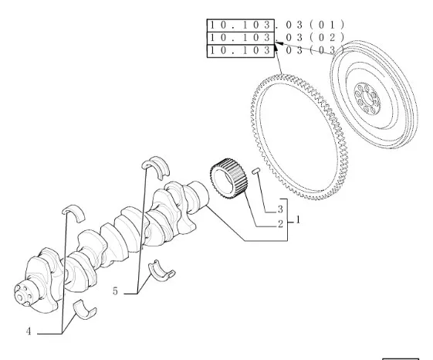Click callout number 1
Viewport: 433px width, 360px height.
[298, 220]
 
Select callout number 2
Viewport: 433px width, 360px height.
[281, 224]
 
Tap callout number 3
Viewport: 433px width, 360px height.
[280, 209]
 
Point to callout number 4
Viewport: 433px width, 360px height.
[29, 331]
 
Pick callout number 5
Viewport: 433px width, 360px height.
[115, 291]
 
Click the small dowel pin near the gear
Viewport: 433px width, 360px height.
[256, 171]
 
